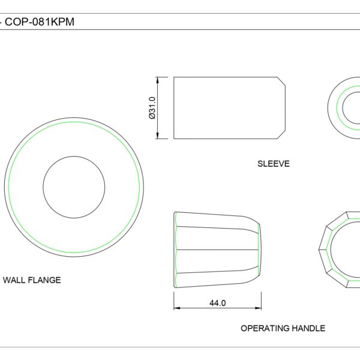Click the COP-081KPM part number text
click(40, 22)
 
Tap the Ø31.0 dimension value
click(152, 107)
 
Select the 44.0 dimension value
click(217, 303)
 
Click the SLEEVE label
click(274, 164)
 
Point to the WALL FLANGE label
click(32, 280)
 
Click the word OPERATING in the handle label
click(261, 328)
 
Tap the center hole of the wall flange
click(74, 187)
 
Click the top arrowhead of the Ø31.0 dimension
click(157, 80)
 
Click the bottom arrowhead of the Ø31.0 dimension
click(157, 136)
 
